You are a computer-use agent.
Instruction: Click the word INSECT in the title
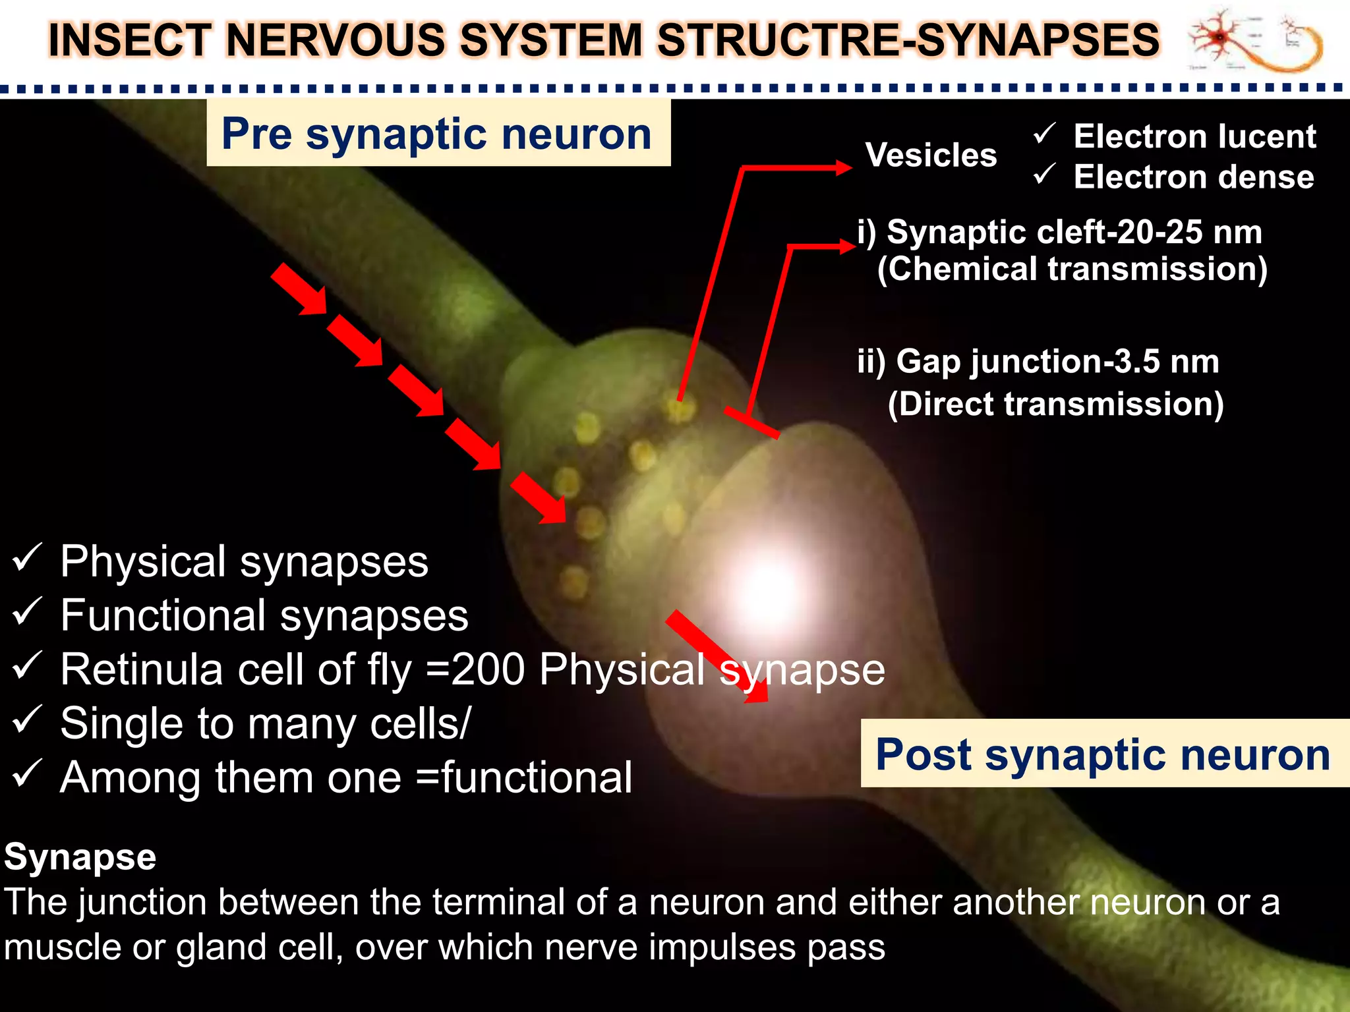[x=130, y=40]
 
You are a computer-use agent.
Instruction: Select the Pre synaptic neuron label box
[x=438, y=133]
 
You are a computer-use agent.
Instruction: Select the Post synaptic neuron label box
[x=1104, y=754]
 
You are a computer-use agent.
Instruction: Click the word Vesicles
[x=931, y=155]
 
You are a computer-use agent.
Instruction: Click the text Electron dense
[x=1194, y=177]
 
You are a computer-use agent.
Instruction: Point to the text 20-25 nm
[x=1189, y=232]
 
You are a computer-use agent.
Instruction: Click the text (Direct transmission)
[x=1055, y=404]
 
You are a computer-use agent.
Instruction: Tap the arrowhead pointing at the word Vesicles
[x=844, y=167]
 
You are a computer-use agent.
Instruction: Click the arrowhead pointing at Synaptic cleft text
[x=848, y=246]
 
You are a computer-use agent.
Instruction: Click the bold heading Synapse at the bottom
[x=80, y=857]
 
